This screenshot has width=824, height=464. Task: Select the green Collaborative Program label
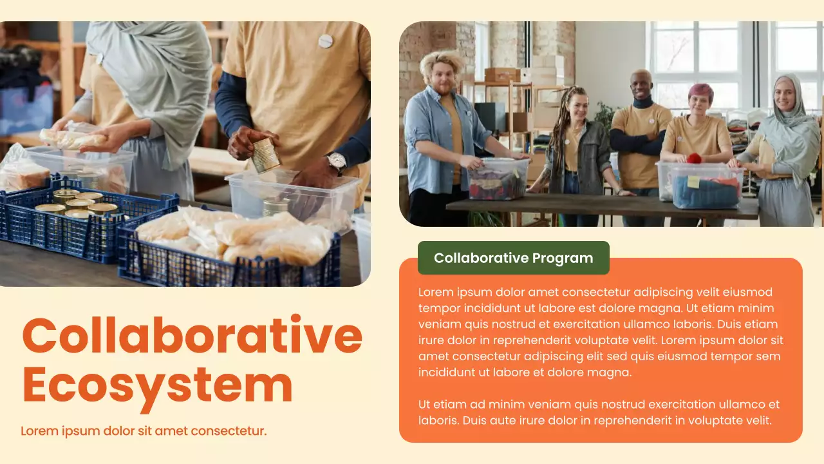pos(513,258)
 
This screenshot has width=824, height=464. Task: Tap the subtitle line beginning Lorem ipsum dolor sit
pos(144,430)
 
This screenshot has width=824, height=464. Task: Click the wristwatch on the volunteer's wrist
pos(336,162)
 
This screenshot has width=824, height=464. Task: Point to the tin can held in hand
pos(265,155)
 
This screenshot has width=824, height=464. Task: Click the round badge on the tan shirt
pos(326,41)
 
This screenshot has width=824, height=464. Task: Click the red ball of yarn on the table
pos(693,159)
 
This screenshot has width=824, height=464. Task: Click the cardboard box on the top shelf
pos(502,75)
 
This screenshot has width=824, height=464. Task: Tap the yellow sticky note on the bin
pos(693,182)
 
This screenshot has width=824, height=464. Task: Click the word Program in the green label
pos(563,258)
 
